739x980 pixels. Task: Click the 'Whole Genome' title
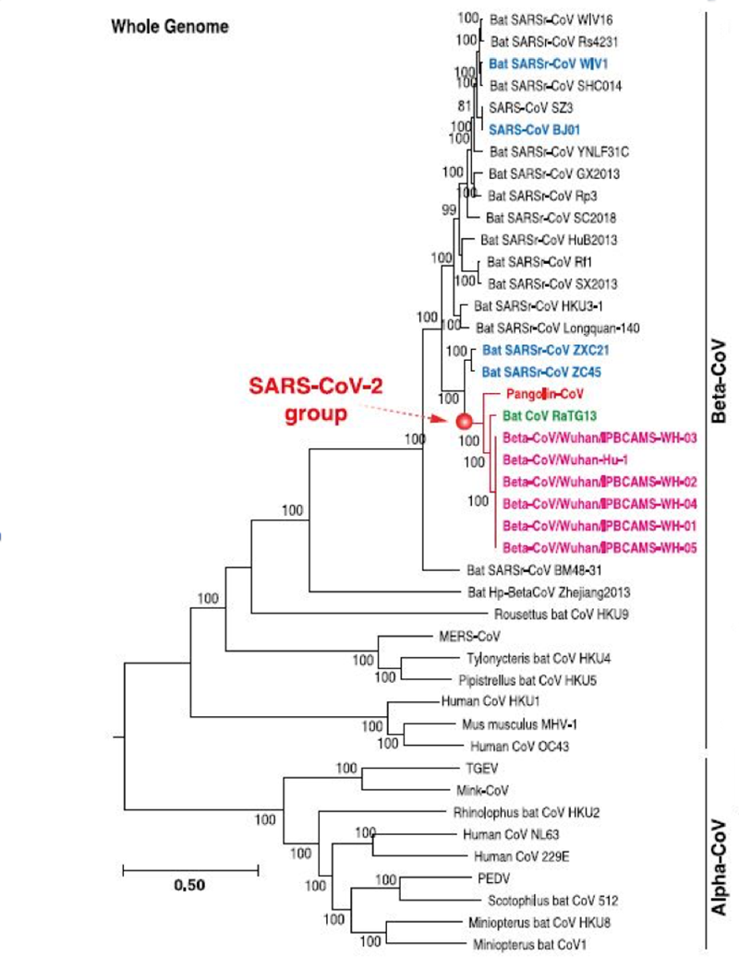(170, 26)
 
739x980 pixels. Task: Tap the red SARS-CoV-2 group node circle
(464, 421)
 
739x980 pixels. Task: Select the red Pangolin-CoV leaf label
(544, 394)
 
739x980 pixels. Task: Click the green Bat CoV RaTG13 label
(550, 415)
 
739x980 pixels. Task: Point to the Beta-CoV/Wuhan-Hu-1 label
(565, 460)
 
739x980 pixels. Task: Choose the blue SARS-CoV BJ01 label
(534, 129)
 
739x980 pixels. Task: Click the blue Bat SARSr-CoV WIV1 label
(548, 64)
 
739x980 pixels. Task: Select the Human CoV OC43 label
(519, 747)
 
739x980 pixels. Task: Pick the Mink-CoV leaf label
(482, 791)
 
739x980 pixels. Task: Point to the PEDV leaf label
(493, 878)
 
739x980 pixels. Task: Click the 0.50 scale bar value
(189, 885)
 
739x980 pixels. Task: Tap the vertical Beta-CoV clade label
(720, 381)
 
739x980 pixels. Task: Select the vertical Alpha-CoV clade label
(720, 867)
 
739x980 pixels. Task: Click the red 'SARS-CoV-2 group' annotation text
(315, 400)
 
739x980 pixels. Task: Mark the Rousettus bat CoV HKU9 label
(562, 615)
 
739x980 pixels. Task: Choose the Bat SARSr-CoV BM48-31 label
(534, 570)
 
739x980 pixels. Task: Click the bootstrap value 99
(449, 210)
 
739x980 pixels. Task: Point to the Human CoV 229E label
(521, 856)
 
